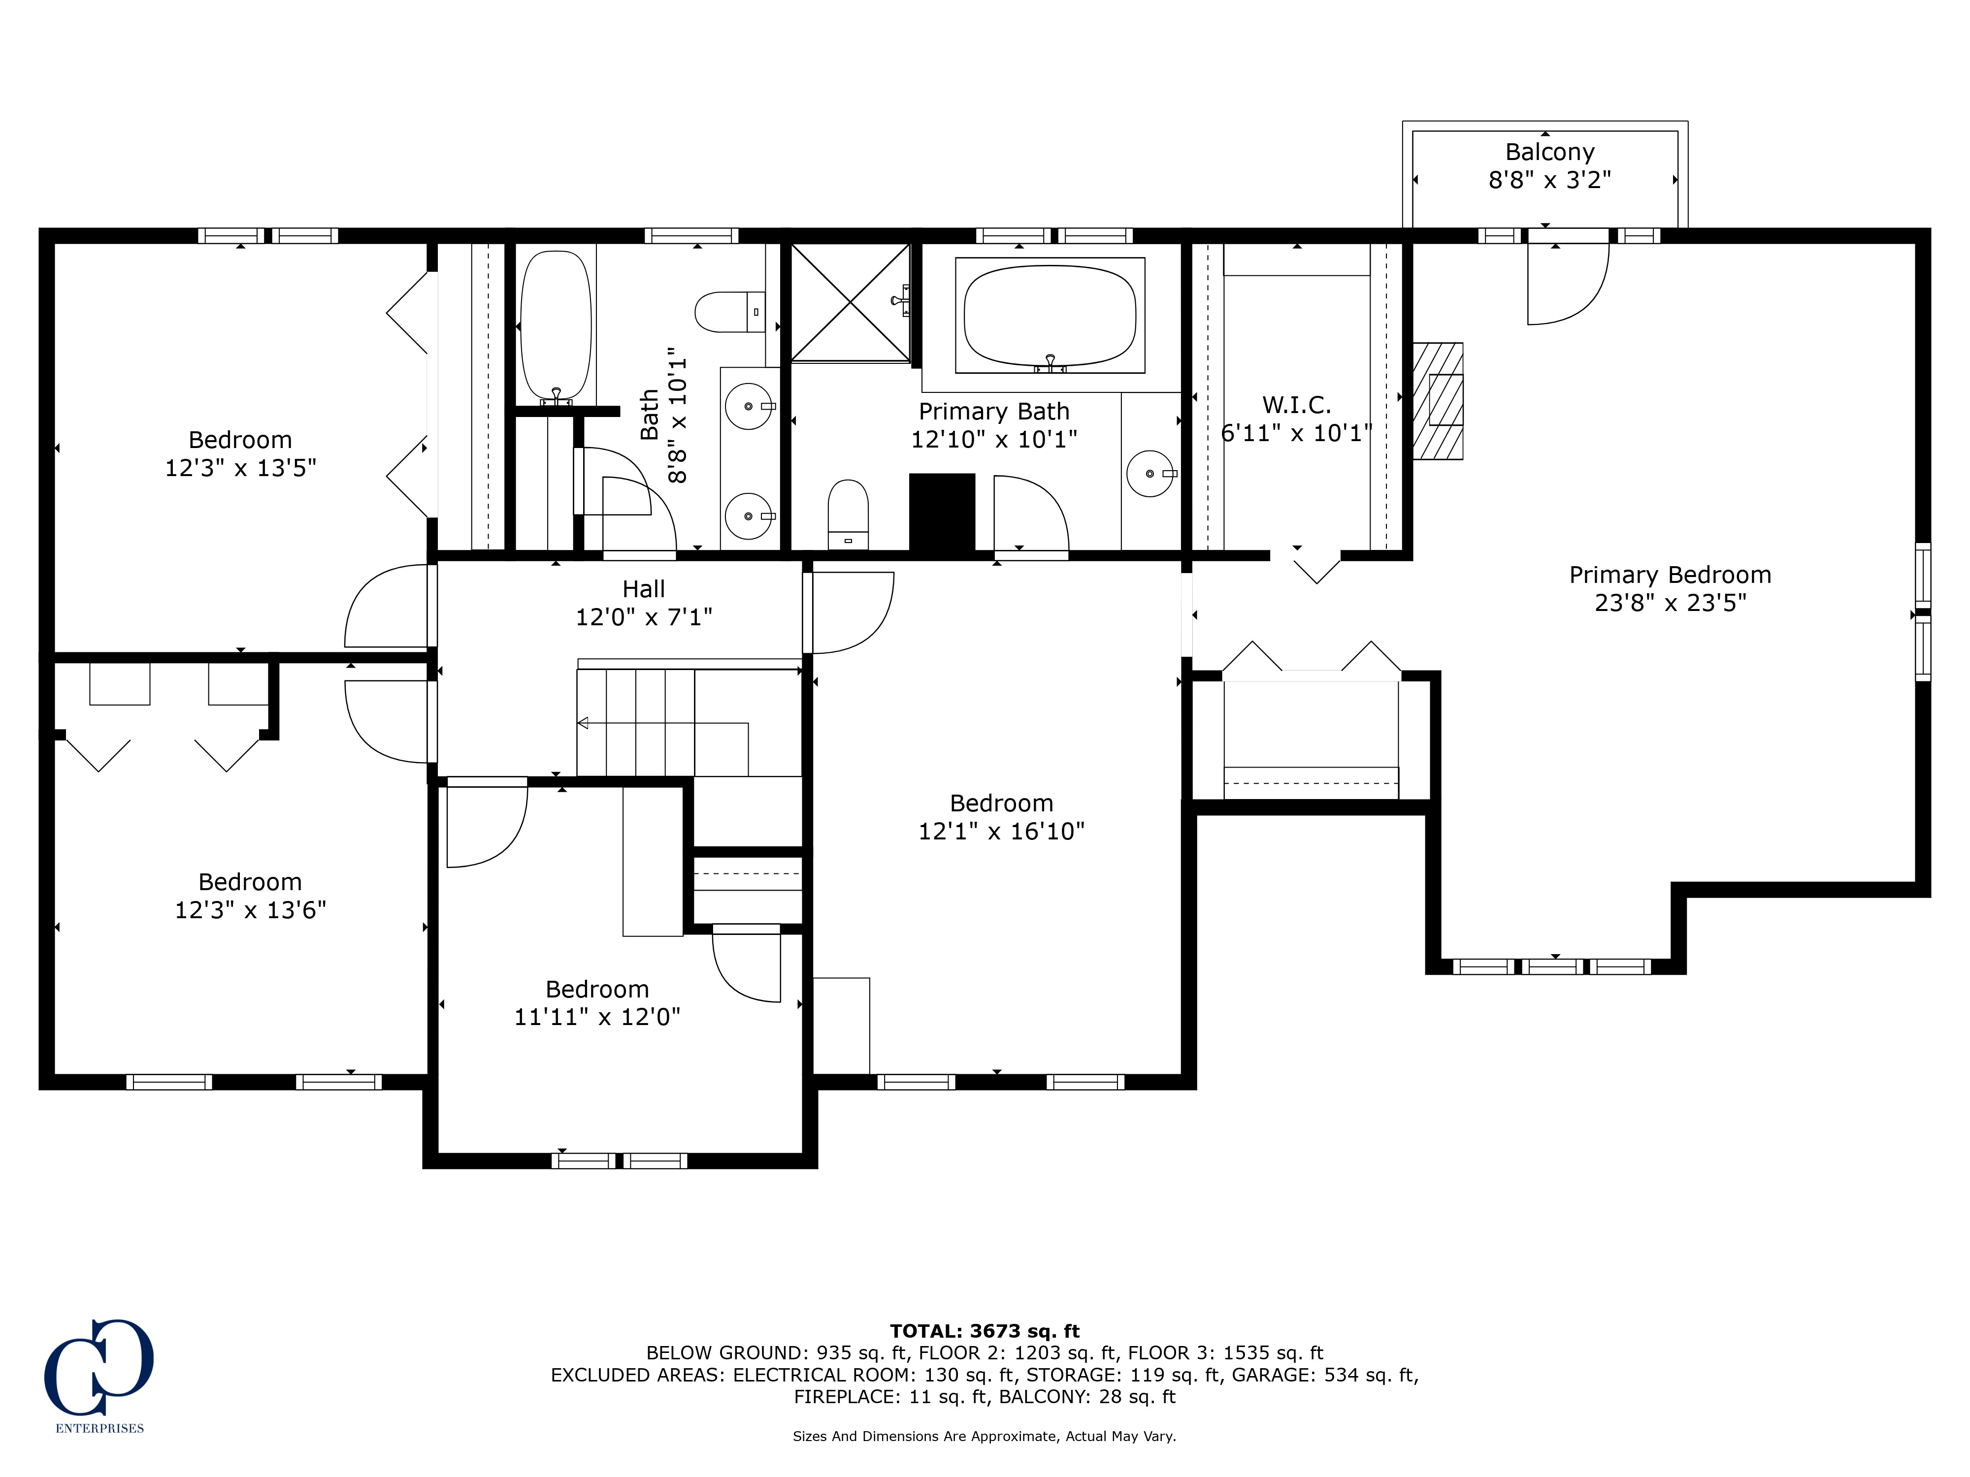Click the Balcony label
click(x=1549, y=152)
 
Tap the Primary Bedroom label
click(x=1670, y=575)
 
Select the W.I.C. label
click(x=1297, y=405)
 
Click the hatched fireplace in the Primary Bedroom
click(x=1438, y=401)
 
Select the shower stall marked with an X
click(x=851, y=303)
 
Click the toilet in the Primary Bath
click(x=848, y=514)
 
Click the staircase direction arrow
click(x=662, y=723)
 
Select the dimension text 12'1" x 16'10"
click(x=1001, y=831)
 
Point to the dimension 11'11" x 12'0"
click(x=597, y=1017)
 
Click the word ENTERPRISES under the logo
click(x=100, y=1429)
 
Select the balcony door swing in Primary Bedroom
click(x=1568, y=283)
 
